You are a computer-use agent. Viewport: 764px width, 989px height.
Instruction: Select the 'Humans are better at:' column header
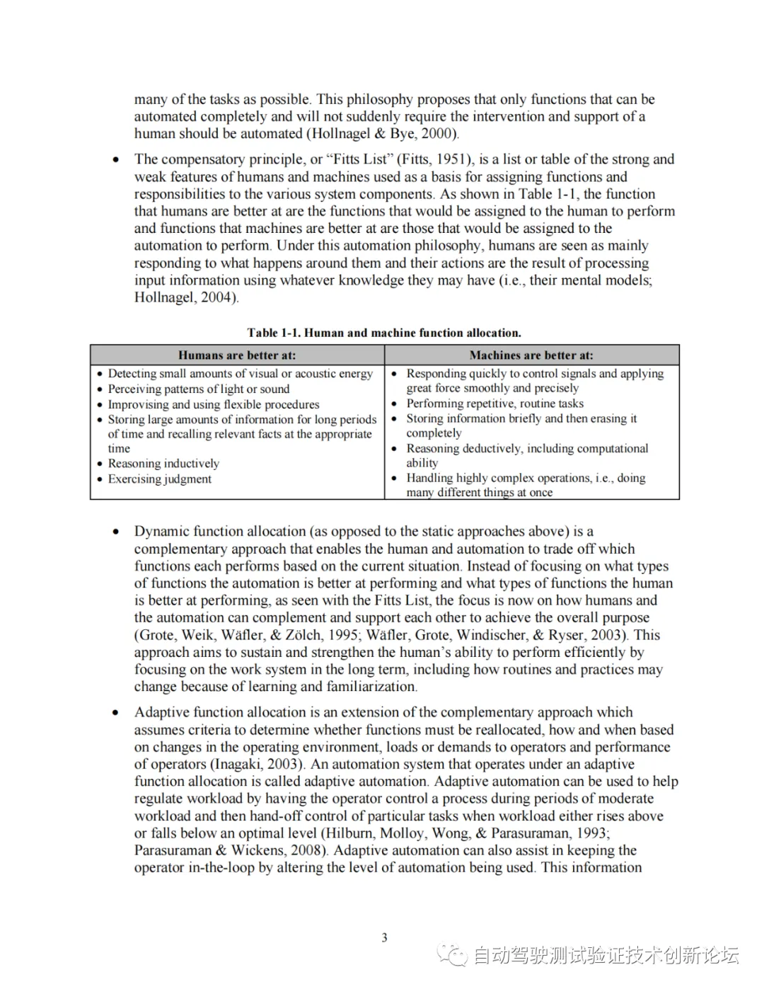point(237,355)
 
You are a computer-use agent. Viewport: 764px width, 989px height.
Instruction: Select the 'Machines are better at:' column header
point(531,355)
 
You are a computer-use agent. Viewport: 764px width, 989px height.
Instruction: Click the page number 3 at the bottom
point(384,938)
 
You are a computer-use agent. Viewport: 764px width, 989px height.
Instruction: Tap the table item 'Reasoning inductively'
point(163,464)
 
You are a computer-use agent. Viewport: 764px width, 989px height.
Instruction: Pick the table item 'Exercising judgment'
point(159,479)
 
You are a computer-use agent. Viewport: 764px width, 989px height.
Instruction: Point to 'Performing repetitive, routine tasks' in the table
point(494,404)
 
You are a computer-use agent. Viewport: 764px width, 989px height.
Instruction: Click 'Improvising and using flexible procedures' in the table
point(213,405)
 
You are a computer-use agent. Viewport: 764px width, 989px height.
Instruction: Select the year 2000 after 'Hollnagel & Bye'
point(439,134)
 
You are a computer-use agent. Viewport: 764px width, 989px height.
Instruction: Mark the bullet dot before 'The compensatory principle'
point(116,160)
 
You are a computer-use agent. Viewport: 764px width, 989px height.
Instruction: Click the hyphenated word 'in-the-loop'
point(221,868)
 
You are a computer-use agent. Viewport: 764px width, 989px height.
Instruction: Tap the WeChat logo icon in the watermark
point(453,955)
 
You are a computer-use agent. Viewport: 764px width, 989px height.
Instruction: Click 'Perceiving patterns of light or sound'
point(198,389)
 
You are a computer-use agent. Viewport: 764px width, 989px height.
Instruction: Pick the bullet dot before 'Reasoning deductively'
point(394,449)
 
